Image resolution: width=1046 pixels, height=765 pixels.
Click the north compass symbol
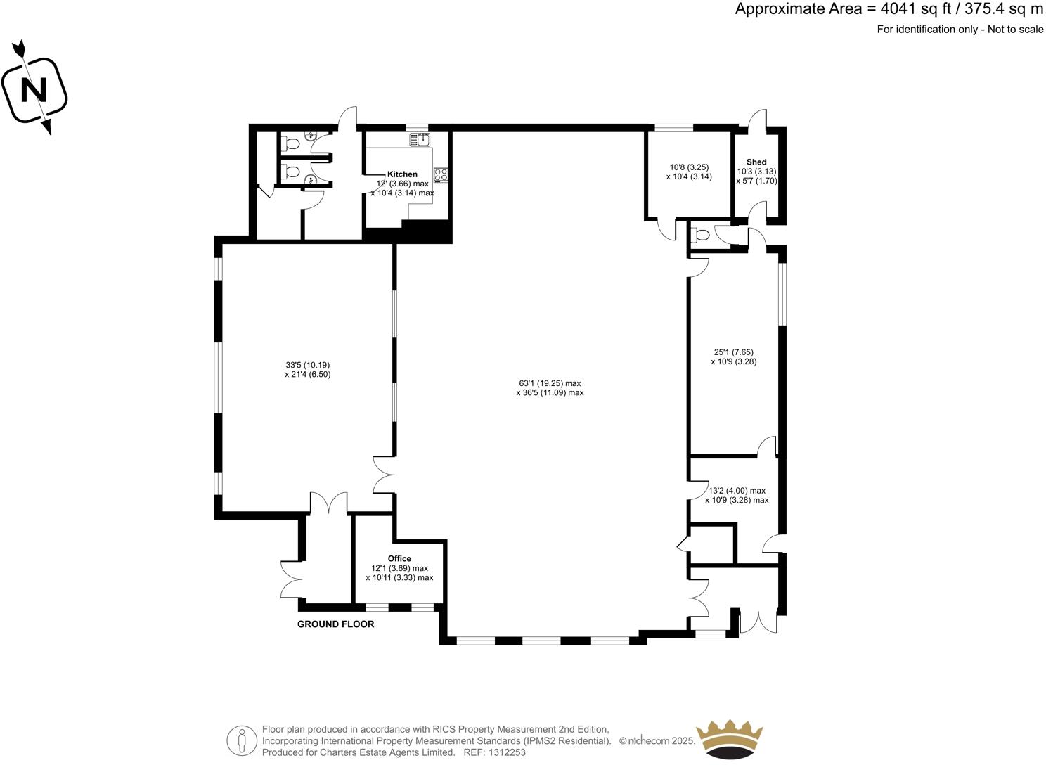pos(34,90)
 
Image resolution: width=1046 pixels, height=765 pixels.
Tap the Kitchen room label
pos(402,174)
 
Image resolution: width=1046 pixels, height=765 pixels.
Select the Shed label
pos(756,162)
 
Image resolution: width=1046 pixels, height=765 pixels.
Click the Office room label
pos(399,559)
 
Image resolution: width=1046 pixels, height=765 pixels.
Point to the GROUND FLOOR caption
pos(335,624)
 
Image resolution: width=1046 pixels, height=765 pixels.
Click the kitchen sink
pos(420,140)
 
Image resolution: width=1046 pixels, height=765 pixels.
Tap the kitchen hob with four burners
pos(441,174)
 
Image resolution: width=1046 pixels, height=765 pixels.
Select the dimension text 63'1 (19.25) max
pos(550,383)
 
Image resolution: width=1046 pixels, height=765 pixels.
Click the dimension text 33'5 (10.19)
pos(307,365)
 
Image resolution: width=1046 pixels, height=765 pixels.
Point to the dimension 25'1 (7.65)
pos(733,352)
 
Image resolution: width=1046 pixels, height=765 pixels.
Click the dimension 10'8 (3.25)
pos(688,167)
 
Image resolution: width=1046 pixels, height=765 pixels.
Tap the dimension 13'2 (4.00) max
pos(737,491)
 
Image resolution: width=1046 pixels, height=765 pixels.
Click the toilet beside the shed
pos(702,234)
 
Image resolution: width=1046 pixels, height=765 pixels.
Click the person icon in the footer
pos(242,740)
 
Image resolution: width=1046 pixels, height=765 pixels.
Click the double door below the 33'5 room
pos(328,502)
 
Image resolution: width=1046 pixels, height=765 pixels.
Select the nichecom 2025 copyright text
pos(657,741)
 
